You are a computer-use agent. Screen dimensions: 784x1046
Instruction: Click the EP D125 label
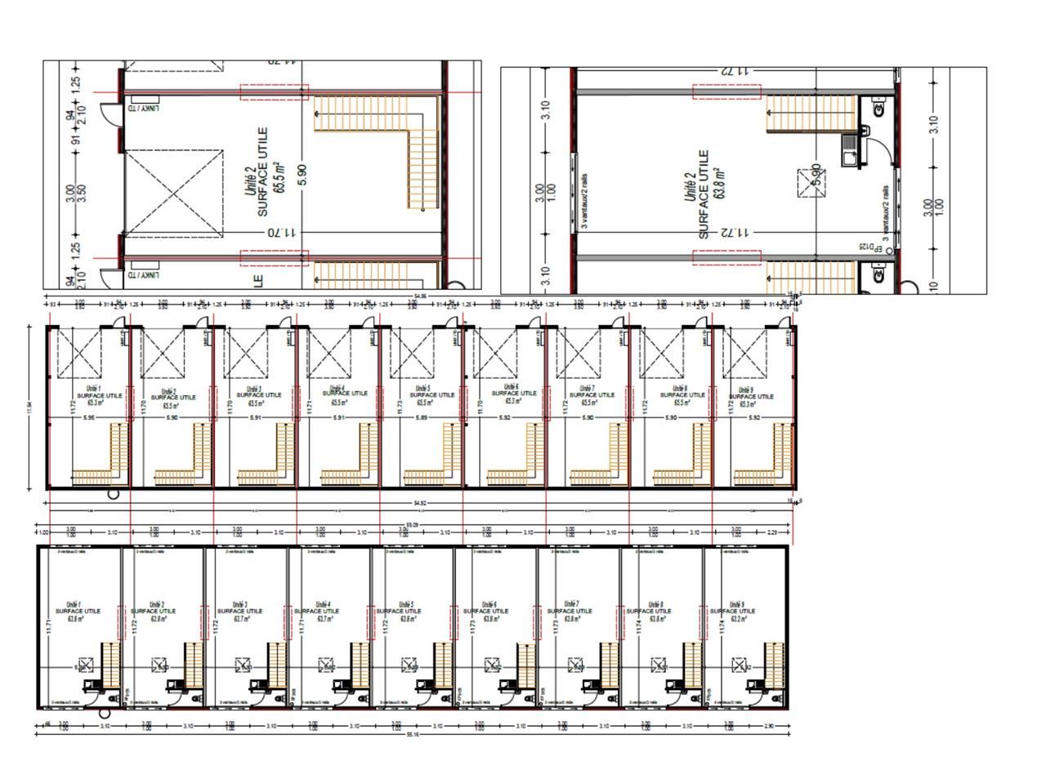pos(866,247)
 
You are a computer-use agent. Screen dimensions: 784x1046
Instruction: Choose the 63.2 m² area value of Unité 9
pos(742,618)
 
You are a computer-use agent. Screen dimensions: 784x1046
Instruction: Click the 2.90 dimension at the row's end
pos(768,725)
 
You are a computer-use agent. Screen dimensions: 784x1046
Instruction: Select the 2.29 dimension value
pos(771,532)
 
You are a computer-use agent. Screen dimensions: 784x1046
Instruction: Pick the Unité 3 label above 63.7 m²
pos(240,604)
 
